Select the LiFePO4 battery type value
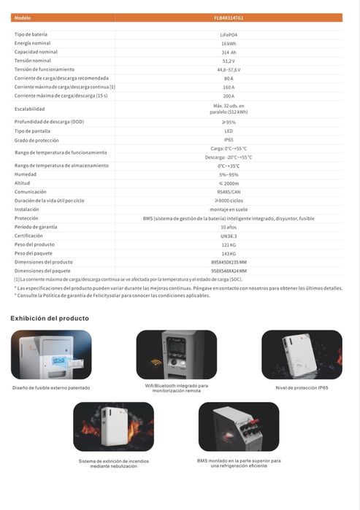229,35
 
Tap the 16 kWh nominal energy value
229,44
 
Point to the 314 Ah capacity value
229,53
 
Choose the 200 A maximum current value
229,96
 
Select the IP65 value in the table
229,139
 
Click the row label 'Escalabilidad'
30,109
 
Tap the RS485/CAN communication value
229,192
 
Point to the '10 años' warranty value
229,226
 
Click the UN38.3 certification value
229,235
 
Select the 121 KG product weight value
229,244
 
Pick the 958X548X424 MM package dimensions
229,270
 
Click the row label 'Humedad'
25,174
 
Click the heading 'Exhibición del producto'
50,318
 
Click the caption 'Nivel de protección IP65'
302,387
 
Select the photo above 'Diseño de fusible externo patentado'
51,355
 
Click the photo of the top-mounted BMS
238,427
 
